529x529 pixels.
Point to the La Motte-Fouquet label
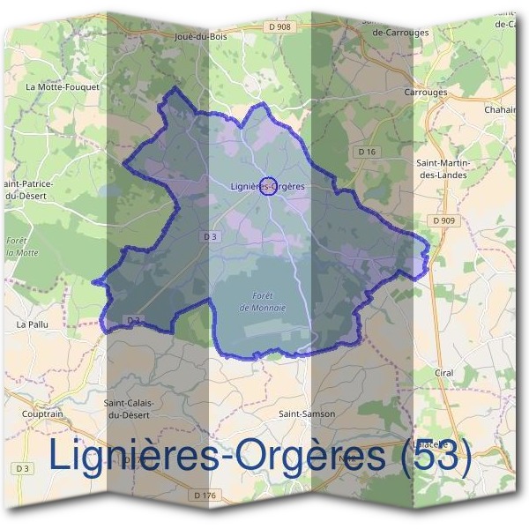point(63,87)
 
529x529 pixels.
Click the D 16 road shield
point(367,152)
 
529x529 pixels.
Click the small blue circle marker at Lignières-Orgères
point(270,186)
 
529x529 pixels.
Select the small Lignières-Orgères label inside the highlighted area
point(266,186)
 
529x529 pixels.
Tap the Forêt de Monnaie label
point(263,302)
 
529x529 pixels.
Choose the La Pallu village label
point(33,324)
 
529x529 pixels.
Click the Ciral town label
point(443,373)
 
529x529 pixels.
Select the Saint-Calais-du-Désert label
point(130,408)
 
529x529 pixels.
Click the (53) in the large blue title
point(436,456)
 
